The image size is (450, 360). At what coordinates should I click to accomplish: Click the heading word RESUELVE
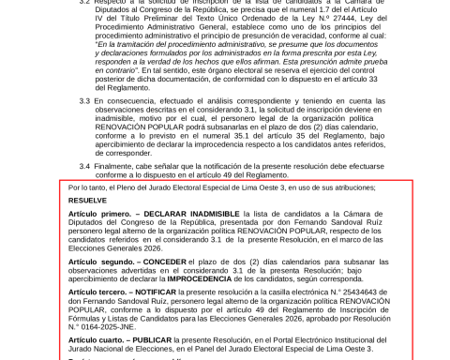tap(87, 201)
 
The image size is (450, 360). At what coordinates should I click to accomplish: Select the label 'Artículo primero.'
tap(98, 215)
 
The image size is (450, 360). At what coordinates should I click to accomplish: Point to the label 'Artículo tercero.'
tap(97, 292)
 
